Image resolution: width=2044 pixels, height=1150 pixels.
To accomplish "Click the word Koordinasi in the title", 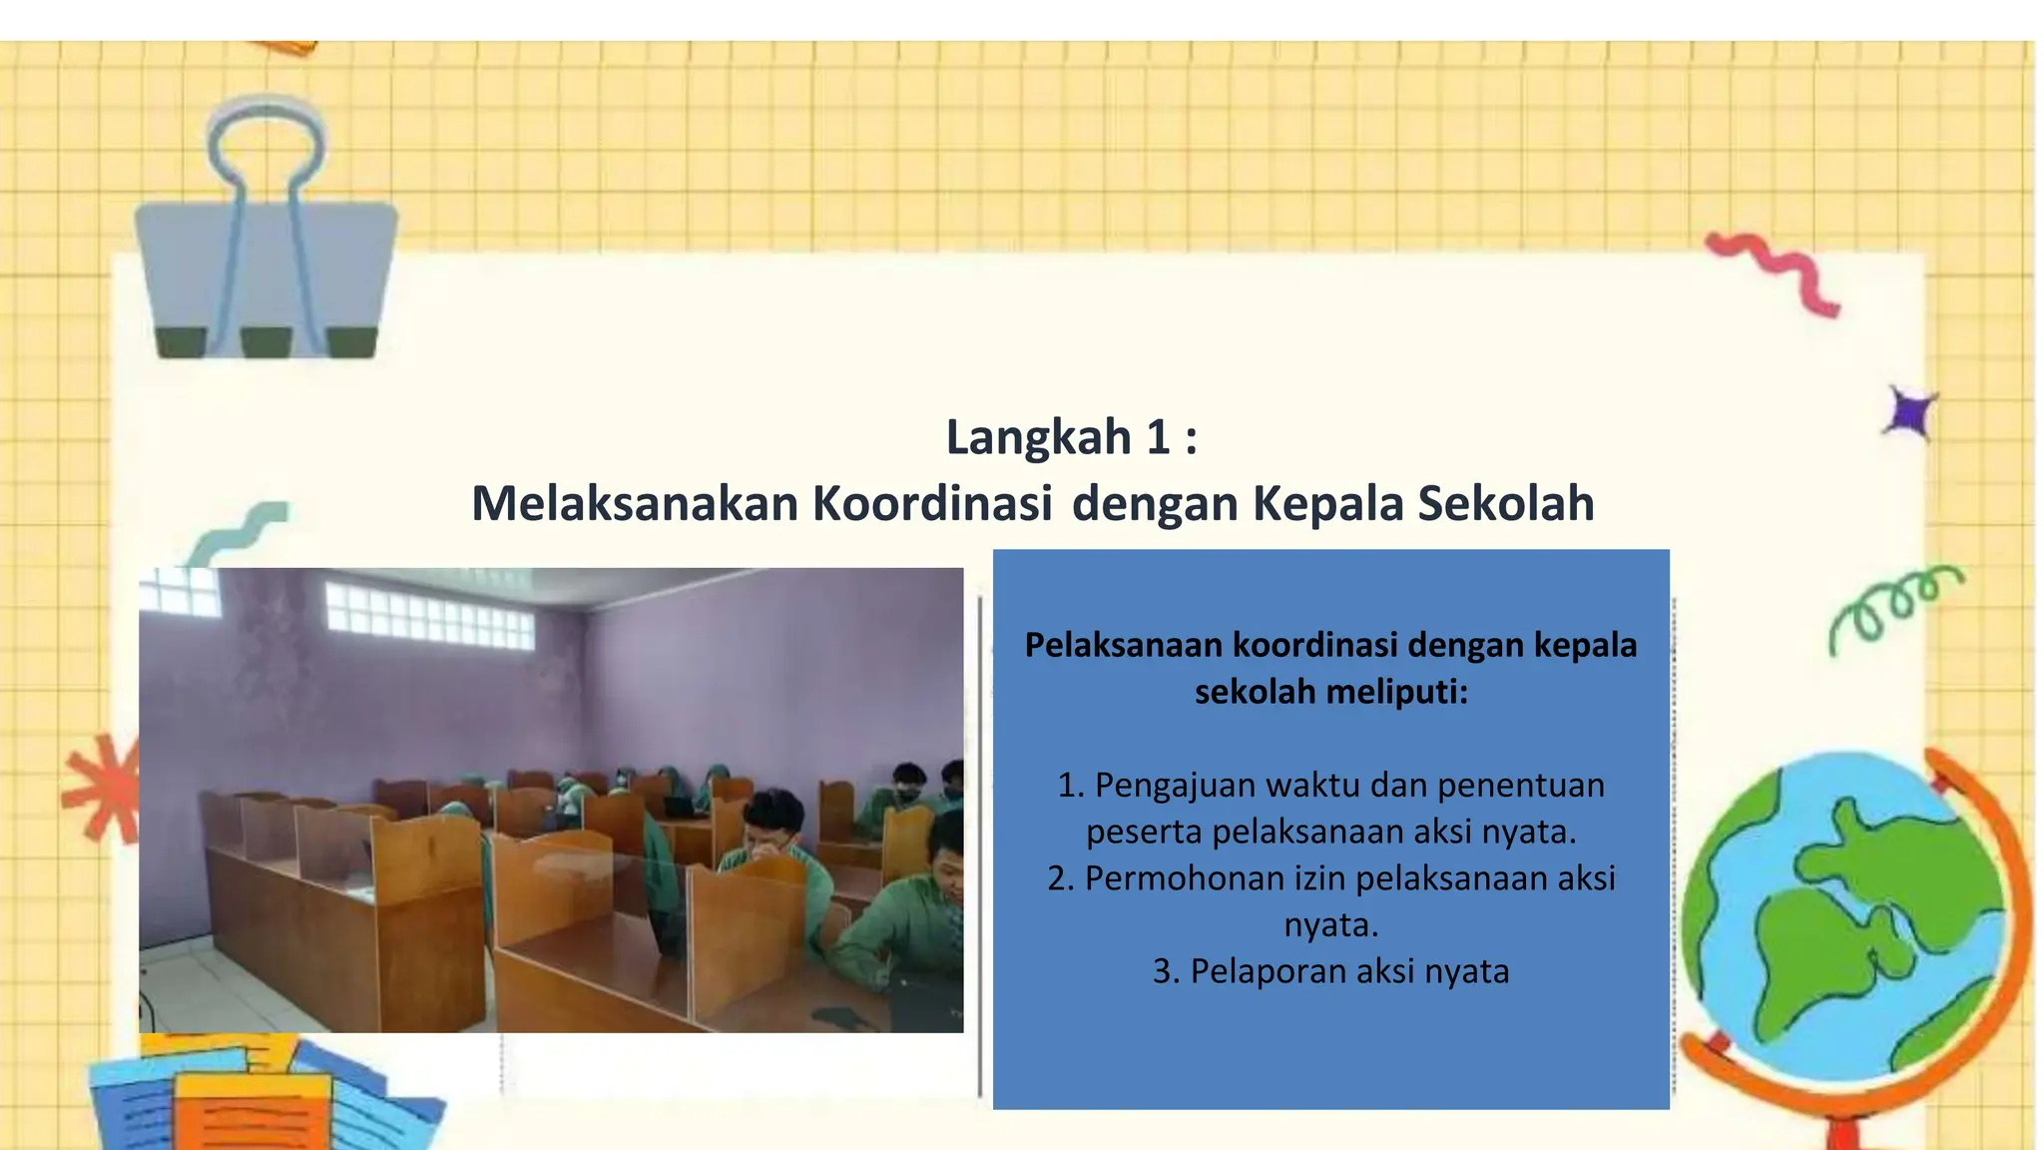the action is (x=932, y=503).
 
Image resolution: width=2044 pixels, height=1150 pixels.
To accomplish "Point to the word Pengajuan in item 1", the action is (x=1176, y=787).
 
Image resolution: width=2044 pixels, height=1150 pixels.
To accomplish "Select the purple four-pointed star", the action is (x=1910, y=413).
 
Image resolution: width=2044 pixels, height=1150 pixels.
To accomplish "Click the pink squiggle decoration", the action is (x=1773, y=273).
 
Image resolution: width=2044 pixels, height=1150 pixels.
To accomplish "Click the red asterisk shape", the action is (x=102, y=790).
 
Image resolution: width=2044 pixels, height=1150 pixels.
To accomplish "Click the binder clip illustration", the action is (x=265, y=228).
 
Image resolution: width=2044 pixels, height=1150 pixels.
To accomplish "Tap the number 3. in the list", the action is (x=1166, y=971).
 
